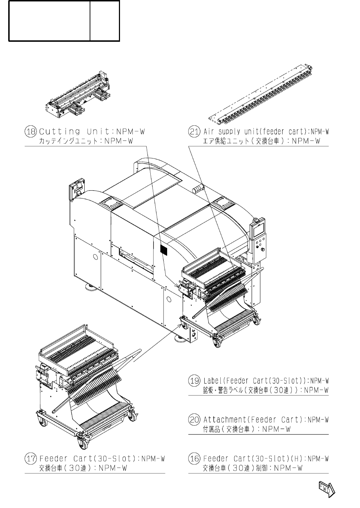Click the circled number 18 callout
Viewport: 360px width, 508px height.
(x=30, y=131)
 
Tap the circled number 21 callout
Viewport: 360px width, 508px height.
(x=194, y=131)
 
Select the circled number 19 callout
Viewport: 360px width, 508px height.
(x=194, y=380)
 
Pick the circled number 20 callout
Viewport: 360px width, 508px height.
(x=194, y=419)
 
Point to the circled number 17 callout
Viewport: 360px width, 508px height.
(x=30, y=458)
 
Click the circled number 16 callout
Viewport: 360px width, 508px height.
(x=194, y=458)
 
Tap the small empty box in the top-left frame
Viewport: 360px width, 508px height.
(x=104, y=21)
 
